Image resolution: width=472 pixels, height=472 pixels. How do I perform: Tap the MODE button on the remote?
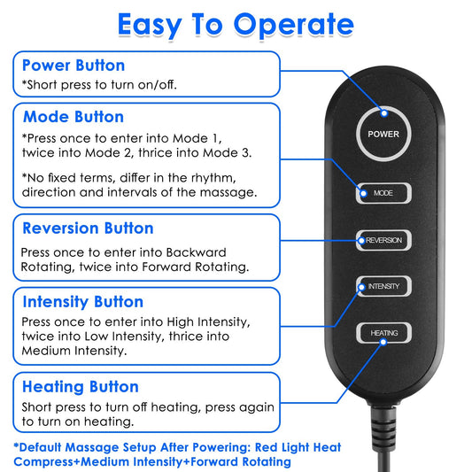click(x=383, y=192)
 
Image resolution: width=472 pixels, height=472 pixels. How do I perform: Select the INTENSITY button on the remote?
click(x=383, y=286)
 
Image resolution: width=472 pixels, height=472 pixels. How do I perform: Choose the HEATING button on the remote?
click(x=383, y=333)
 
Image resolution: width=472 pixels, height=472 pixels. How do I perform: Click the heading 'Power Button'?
click(x=74, y=66)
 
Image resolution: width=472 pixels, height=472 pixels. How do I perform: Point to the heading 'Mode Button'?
click(x=74, y=117)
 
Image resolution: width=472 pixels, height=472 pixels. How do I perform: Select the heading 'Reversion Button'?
click(x=88, y=228)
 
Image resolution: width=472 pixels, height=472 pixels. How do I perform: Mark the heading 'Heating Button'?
click(x=81, y=387)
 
